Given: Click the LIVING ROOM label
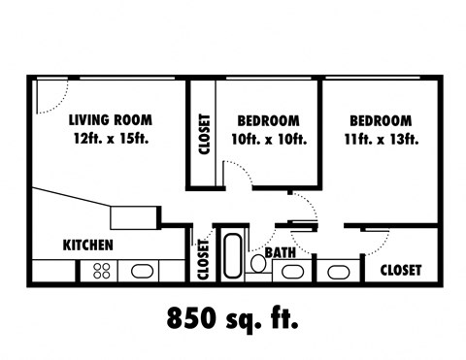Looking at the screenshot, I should click(x=110, y=120).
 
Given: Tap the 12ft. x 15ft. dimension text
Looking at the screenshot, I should click(x=110, y=139).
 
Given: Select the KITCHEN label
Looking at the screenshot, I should click(x=88, y=245).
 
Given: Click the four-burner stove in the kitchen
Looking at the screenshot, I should click(x=102, y=272).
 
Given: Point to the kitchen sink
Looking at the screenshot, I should click(x=142, y=272).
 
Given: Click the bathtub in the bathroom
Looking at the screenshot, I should click(x=233, y=256).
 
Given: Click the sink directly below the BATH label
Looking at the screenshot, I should click(x=291, y=272).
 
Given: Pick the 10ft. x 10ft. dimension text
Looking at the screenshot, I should click(x=267, y=139).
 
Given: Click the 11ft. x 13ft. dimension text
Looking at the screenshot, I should click(x=380, y=139).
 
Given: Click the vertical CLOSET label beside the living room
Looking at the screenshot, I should click(x=204, y=136).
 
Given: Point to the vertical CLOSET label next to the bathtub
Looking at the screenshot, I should click(x=204, y=259).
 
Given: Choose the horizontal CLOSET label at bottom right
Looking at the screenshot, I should click(x=400, y=271).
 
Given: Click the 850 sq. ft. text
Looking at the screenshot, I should click(x=233, y=317).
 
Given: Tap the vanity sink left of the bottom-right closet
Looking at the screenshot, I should click(x=338, y=272).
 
